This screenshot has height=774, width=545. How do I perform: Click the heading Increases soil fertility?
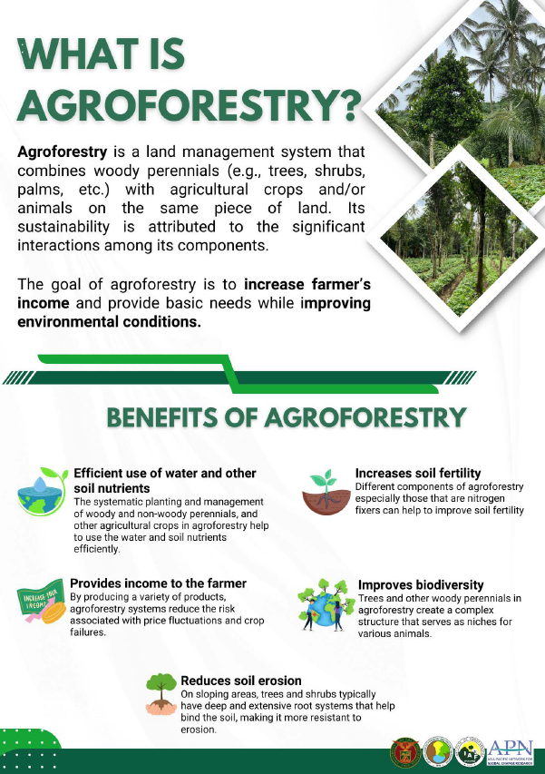417,473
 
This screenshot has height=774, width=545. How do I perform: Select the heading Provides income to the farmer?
158,583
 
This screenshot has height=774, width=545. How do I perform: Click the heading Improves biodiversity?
421,585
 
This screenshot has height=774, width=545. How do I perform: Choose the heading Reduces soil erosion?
240,680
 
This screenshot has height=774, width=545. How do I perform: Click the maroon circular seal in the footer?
404,751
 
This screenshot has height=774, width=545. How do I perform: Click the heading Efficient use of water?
164,473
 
